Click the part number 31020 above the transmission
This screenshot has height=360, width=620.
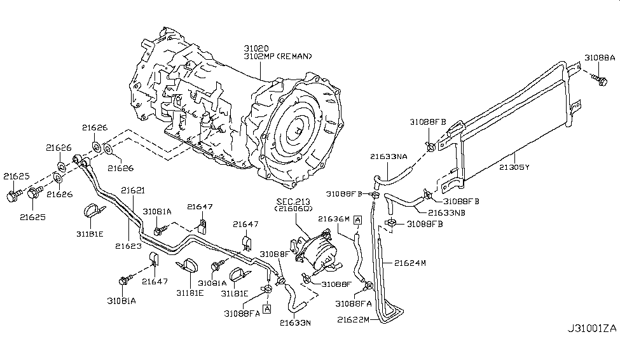tap(256, 48)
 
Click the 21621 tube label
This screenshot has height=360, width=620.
tap(133, 189)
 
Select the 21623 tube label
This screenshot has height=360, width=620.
tap(127, 245)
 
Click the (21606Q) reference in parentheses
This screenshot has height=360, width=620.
tap(291, 209)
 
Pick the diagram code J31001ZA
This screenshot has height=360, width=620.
tap(592, 347)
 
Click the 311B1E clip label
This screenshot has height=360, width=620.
tap(89, 234)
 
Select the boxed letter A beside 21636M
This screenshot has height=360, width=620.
tap(358, 219)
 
